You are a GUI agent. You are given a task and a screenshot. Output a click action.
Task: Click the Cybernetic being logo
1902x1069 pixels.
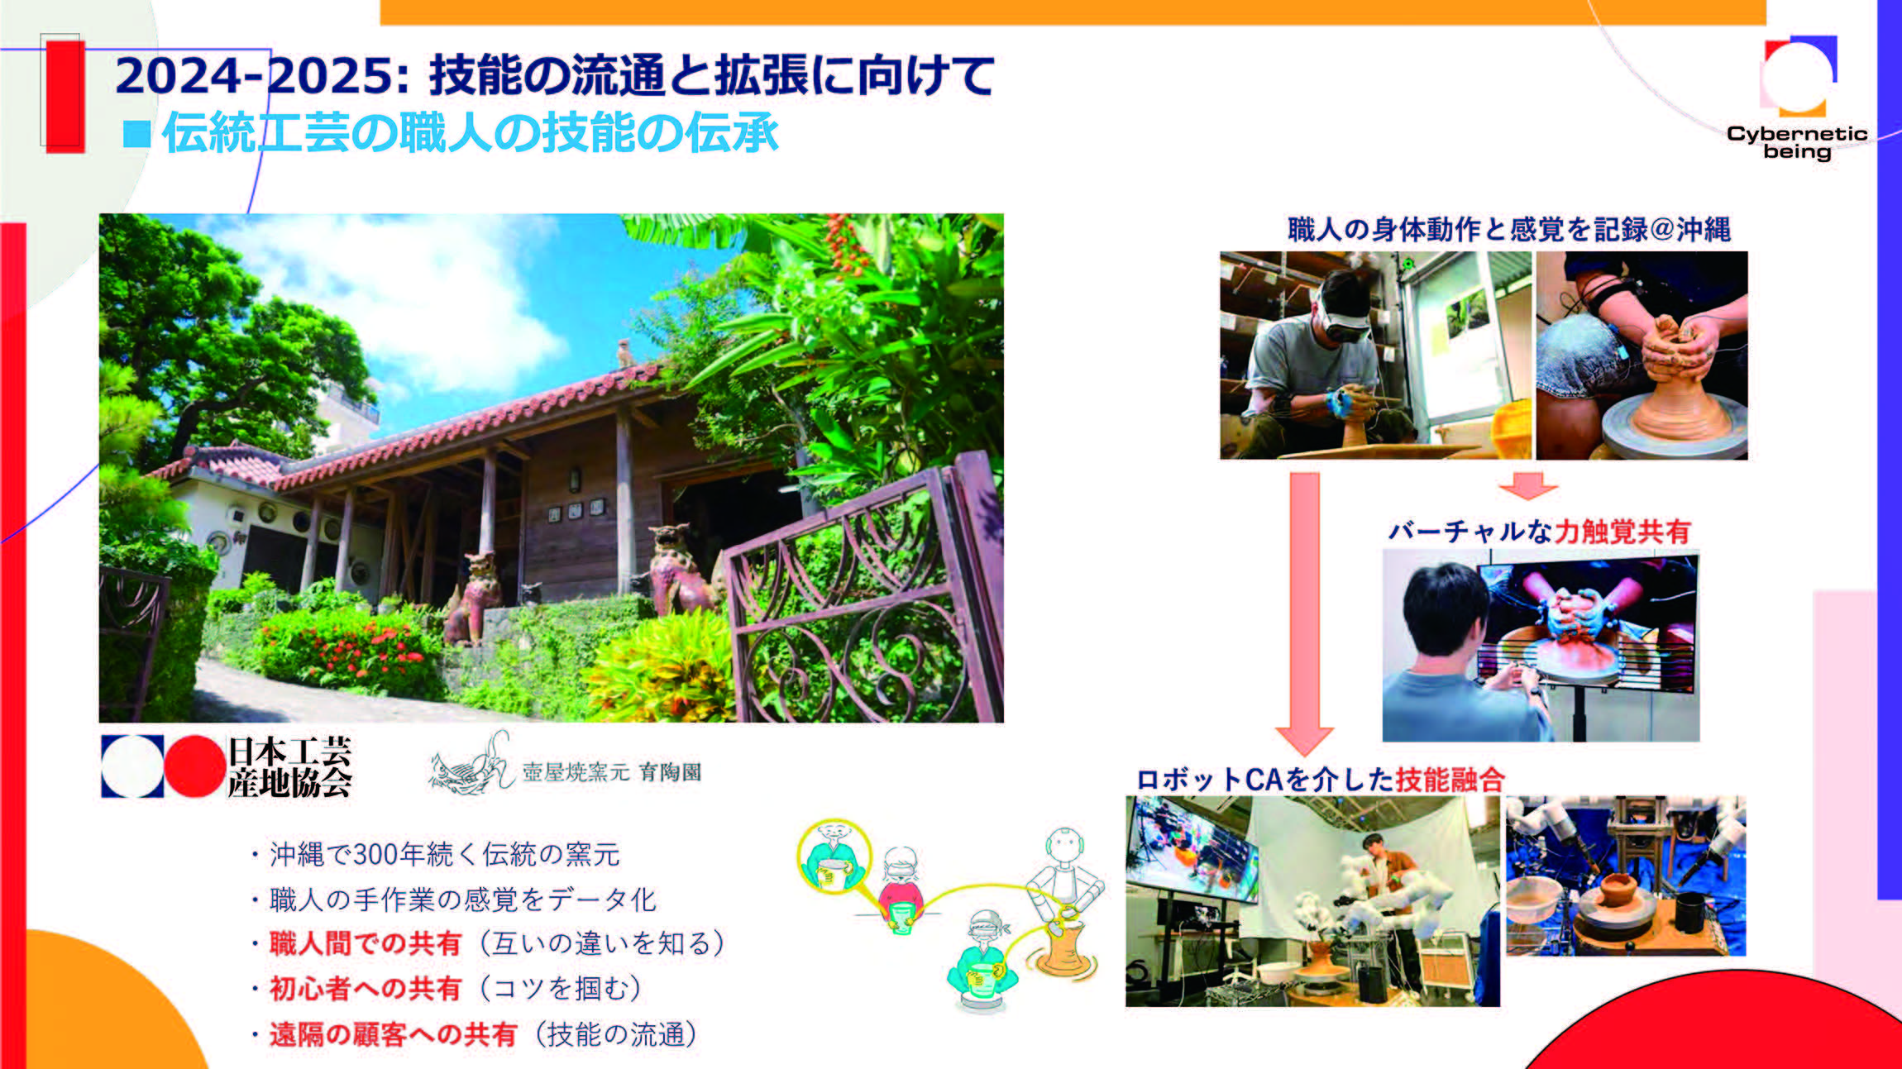pyautogui.click(x=1798, y=97)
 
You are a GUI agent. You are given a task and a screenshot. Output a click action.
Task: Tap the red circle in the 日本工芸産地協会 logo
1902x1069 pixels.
pyautogui.click(x=194, y=766)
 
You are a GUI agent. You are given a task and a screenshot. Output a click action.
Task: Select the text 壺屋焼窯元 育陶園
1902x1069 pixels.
pyautogui.click(x=611, y=772)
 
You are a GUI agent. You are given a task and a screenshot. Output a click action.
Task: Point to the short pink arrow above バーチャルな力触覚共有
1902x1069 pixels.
pyautogui.click(x=1527, y=486)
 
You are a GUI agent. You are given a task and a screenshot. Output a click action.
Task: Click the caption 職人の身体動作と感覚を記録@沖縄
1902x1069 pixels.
pyautogui.click(x=1508, y=229)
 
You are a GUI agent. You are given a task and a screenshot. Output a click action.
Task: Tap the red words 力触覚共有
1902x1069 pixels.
pyautogui.click(x=1622, y=532)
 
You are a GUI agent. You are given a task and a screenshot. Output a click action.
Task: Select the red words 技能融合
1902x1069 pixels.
pyautogui.click(x=1450, y=779)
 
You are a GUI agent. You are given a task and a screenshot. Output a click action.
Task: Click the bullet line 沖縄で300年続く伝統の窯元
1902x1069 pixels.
pyautogui.click(x=444, y=854)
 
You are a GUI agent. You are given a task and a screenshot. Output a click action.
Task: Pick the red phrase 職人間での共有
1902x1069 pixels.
pyautogui.click(x=365, y=943)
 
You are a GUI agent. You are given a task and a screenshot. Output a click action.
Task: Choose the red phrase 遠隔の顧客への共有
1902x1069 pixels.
pyautogui.click(x=393, y=1033)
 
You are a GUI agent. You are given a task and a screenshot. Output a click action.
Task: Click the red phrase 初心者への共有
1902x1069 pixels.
pyautogui.click(x=365, y=988)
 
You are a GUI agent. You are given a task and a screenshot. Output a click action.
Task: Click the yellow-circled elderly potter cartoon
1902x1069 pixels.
pyautogui.click(x=834, y=856)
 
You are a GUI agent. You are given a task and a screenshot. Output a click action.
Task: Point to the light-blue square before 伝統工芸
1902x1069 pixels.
pyautogui.click(x=136, y=134)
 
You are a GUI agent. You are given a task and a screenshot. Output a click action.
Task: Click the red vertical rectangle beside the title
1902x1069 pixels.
pyautogui.click(x=65, y=96)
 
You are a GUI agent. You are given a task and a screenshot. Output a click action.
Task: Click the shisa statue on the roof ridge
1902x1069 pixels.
pyautogui.click(x=625, y=353)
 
